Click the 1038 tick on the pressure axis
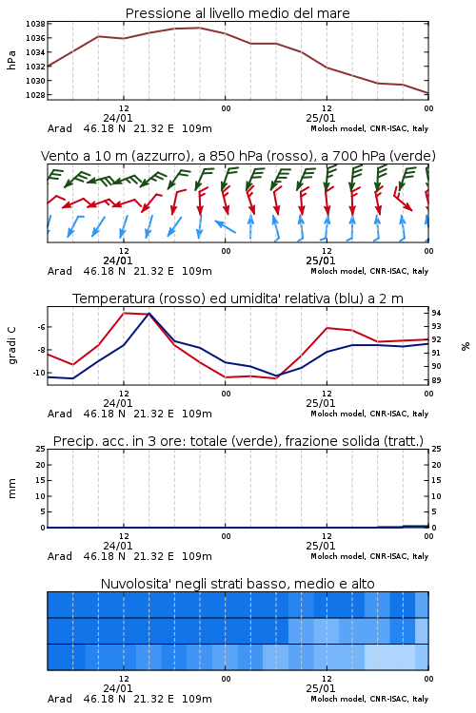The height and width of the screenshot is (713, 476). click(x=35, y=24)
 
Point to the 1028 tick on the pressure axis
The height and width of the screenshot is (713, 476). click(x=35, y=95)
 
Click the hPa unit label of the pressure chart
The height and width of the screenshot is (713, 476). click(x=11, y=60)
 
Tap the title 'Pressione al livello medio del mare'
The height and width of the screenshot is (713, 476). click(x=238, y=13)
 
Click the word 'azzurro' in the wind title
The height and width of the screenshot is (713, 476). click(x=160, y=156)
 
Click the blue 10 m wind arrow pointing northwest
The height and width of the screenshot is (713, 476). click(x=225, y=226)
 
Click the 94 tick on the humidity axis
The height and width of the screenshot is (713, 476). click(x=436, y=313)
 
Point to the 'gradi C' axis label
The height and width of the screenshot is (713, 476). click(x=11, y=346)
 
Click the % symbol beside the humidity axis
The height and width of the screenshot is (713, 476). click(x=466, y=346)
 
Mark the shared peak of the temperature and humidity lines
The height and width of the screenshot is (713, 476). click(x=149, y=314)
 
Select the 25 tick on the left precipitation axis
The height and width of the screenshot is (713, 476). click(x=41, y=449)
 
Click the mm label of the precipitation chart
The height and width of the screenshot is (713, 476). click(x=11, y=489)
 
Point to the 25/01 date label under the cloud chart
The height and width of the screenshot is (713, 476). click(x=321, y=688)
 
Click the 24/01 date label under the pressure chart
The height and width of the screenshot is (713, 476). click(x=118, y=118)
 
